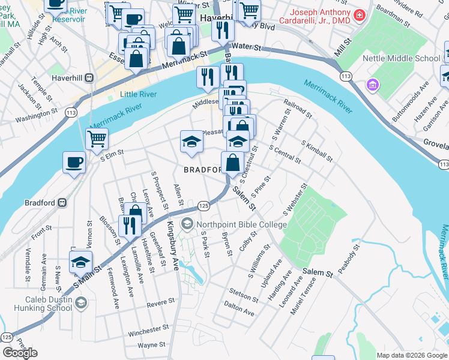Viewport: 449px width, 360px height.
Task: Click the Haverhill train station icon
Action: (89, 77)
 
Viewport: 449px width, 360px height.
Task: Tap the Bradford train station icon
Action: (61, 203)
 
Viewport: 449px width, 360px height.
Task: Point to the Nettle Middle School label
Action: (402, 58)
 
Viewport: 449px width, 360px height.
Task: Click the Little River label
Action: (138, 94)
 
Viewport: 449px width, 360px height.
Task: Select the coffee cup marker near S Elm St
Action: (74, 162)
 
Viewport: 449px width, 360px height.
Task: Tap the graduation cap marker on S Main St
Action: (81, 262)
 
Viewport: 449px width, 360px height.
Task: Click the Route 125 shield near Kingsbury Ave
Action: (203, 206)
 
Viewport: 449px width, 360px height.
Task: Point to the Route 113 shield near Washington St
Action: (71, 112)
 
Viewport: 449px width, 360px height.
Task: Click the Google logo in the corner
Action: (20, 353)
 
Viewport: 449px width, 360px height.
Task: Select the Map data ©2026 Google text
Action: (412, 355)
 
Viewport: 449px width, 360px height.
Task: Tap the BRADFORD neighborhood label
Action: (203, 170)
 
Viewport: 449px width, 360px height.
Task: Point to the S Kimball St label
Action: (318, 151)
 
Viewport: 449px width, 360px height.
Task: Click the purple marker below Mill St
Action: (373, 85)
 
